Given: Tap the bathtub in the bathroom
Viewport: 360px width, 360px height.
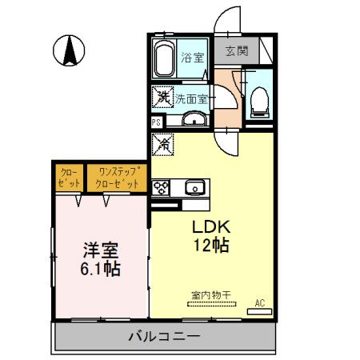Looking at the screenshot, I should click(x=164, y=58).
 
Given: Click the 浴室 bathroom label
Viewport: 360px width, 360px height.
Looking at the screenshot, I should click(x=192, y=58).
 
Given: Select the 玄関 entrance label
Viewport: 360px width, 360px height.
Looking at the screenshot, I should click(x=236, y=51).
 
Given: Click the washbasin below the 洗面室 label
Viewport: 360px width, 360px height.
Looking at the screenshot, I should click(x=193, y=121).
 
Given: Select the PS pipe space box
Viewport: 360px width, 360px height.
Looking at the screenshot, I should click(x=157, y=122).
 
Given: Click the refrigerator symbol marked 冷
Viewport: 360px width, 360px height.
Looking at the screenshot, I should click(x=162, y=145).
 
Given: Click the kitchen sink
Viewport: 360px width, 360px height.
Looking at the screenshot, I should click(x=194, y=189).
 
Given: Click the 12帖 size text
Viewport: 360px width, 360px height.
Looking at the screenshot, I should click(x=210, y=246).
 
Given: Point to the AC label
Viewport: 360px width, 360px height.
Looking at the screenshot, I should click(x=260, y=302).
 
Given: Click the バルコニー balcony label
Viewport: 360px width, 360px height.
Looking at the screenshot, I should click(x=164, y=336).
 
